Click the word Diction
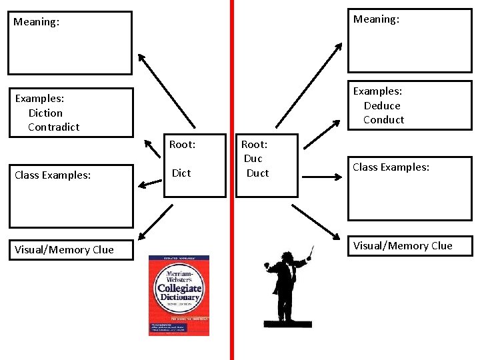pyautogui.click(x=45, y=113)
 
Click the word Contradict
pyautogui.click(x=53, y=127)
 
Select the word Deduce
pyautogui.click(x=382, y=105)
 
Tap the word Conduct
pyautogui.click(x=383, y=120)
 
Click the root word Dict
pyautogui.click(x=181, y=173)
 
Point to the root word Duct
pyautogui.click(x=257, y=173)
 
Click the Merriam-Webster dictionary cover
pyautogui.click(x=179, y=295)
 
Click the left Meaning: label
pyautogui.click(x=37, y=22)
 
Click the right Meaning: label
pyautogui.click(x=376, y=19)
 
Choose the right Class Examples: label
pyautogui.click(x=391, y=167)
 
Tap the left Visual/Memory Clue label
pyautogui.click(x=64, y=249)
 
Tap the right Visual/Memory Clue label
pyautogui.click(x=403, y=245)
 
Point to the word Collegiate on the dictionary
pyautogui.click(x=179, y=289)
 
